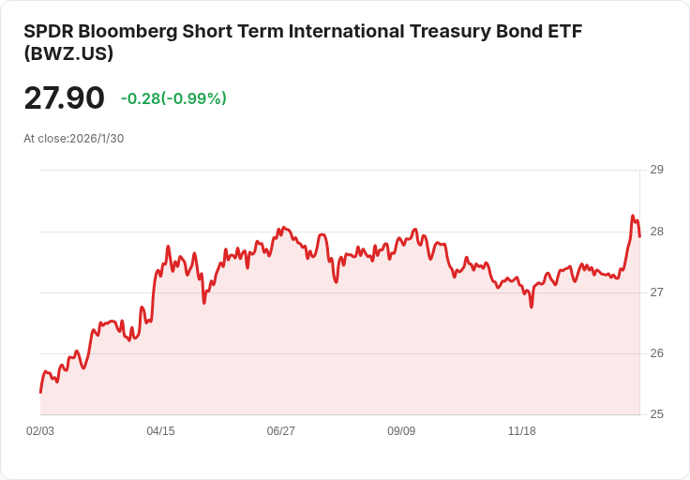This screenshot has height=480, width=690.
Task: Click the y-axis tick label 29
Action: pos(657,170)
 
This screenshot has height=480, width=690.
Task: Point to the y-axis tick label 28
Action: pos(657,232)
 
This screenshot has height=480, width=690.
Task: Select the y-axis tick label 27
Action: pos(657,292)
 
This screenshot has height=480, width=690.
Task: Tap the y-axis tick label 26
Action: pos(657,353)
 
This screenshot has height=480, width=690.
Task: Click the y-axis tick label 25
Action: pos(657,414)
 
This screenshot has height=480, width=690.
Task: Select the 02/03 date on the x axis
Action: pos(40,431)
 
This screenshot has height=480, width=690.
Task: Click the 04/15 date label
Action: pos(160,431)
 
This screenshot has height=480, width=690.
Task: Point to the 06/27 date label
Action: pos(280,431)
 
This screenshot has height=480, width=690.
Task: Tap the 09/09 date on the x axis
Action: pos(401,431)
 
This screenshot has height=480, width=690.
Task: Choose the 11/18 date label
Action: pos(521,431)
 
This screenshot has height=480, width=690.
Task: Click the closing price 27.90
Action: pos(64,98)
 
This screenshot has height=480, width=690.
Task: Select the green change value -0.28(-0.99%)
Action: pos(173,98)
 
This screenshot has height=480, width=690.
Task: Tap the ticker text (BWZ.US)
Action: pos(68,53)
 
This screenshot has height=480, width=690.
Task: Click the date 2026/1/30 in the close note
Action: pos(97,139)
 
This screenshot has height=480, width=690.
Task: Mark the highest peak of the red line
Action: pos(633,216)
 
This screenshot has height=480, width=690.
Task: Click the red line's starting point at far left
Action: pos(40,392)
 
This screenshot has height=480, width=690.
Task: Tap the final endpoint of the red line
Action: pos(639,236)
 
